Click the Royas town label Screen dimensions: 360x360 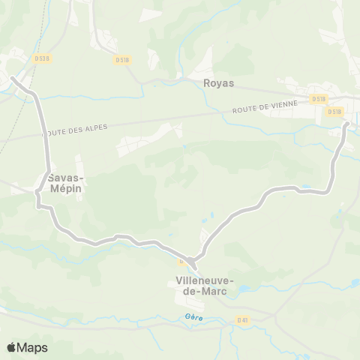218,83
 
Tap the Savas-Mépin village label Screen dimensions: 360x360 64,183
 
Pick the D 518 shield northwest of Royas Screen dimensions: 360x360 122,59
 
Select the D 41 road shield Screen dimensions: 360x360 242,319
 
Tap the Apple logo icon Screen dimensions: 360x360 13,347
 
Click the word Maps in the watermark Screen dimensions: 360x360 33,347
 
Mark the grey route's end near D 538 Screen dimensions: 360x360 12,77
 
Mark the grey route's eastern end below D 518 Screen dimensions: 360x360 346,124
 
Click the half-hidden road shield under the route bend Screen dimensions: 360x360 181,262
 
